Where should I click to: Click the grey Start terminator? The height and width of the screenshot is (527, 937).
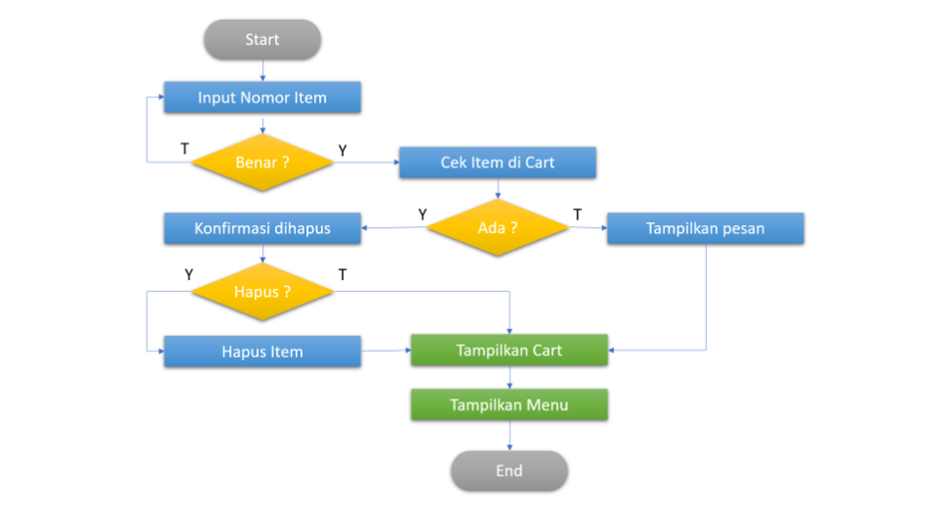(x=262, y=40)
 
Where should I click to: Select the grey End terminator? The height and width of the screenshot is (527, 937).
(x=508, y=470)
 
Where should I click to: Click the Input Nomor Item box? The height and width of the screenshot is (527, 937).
(x=261, y=98)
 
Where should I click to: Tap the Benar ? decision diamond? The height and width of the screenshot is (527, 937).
(x=262, y=161)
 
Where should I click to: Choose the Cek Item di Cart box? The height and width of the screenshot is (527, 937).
(x=497, y=162)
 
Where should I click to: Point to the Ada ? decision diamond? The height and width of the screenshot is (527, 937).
(x=497, y=228)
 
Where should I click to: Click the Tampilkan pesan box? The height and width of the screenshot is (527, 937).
(x=705, y=228)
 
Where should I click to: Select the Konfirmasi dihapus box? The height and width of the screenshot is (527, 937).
(x=261, y=228)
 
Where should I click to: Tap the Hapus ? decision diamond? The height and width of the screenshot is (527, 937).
(x=262, y=292)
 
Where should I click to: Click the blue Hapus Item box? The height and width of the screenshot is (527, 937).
(x=262, y=352)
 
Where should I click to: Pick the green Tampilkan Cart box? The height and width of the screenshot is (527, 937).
(x=509, y=350)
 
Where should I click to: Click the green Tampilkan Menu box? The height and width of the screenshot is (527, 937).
(x=509, y=404)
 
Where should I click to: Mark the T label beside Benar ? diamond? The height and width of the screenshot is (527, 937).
(x=184, y=148)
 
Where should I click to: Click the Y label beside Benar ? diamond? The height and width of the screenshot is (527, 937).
(x=343, y=150)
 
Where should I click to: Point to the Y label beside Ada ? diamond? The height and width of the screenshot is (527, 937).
(x=423, y=214)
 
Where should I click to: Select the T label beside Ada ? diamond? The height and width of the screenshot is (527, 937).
(x=577, y=214)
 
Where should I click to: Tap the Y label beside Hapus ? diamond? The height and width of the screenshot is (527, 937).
(x=188, y=274)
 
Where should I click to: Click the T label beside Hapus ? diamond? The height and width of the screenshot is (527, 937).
(x=342, y=274)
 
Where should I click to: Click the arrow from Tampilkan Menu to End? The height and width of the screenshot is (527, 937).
(x=509, y=435)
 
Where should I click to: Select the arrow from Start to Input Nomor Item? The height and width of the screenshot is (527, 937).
(x=262, y=70)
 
